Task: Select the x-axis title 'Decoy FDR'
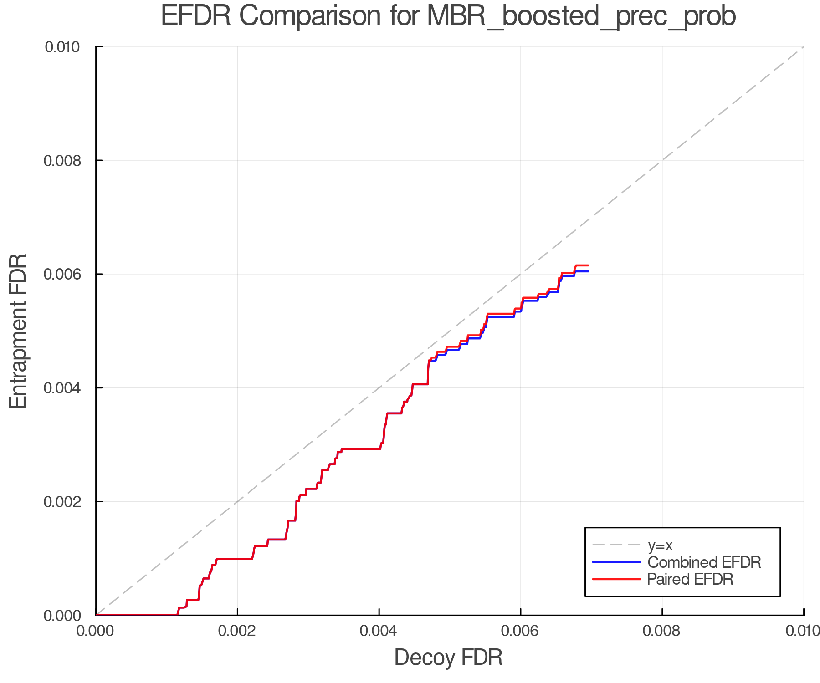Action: click(448, 658)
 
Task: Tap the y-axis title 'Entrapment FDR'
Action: click(18, 331)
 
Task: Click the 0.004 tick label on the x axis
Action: click(379, 631)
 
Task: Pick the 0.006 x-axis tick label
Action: click(520, 631)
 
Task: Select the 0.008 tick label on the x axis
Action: click(662, 631)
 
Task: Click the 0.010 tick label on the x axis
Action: click(803, 631)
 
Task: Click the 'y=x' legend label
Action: click(660, 545)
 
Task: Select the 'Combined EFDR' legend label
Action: click(704, 562)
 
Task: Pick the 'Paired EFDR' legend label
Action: click(690, 579)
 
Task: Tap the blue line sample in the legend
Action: click(616, 562)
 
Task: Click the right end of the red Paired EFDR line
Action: click(589, 265)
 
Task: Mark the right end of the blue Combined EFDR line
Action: click(589, 271)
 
